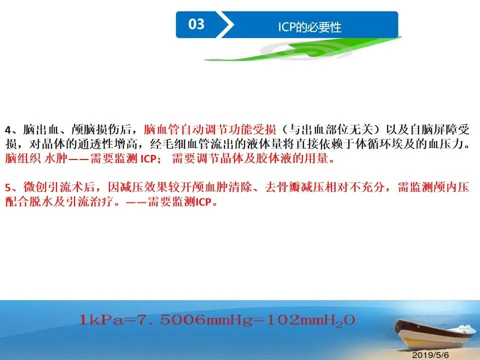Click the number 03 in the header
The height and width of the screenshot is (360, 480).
[x=196, y=24]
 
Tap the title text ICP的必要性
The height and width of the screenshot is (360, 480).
[x=309, y=27]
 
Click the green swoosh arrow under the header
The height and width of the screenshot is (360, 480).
[x=303, y=49]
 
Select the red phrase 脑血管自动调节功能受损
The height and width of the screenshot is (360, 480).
[x=209, y=129]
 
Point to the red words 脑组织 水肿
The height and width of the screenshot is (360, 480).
[x=36, y=158]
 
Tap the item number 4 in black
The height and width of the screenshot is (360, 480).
[x=8, y=130]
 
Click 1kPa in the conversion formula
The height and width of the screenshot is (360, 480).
[x=100, y=320]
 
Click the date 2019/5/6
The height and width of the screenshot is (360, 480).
[x=430, y=355]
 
